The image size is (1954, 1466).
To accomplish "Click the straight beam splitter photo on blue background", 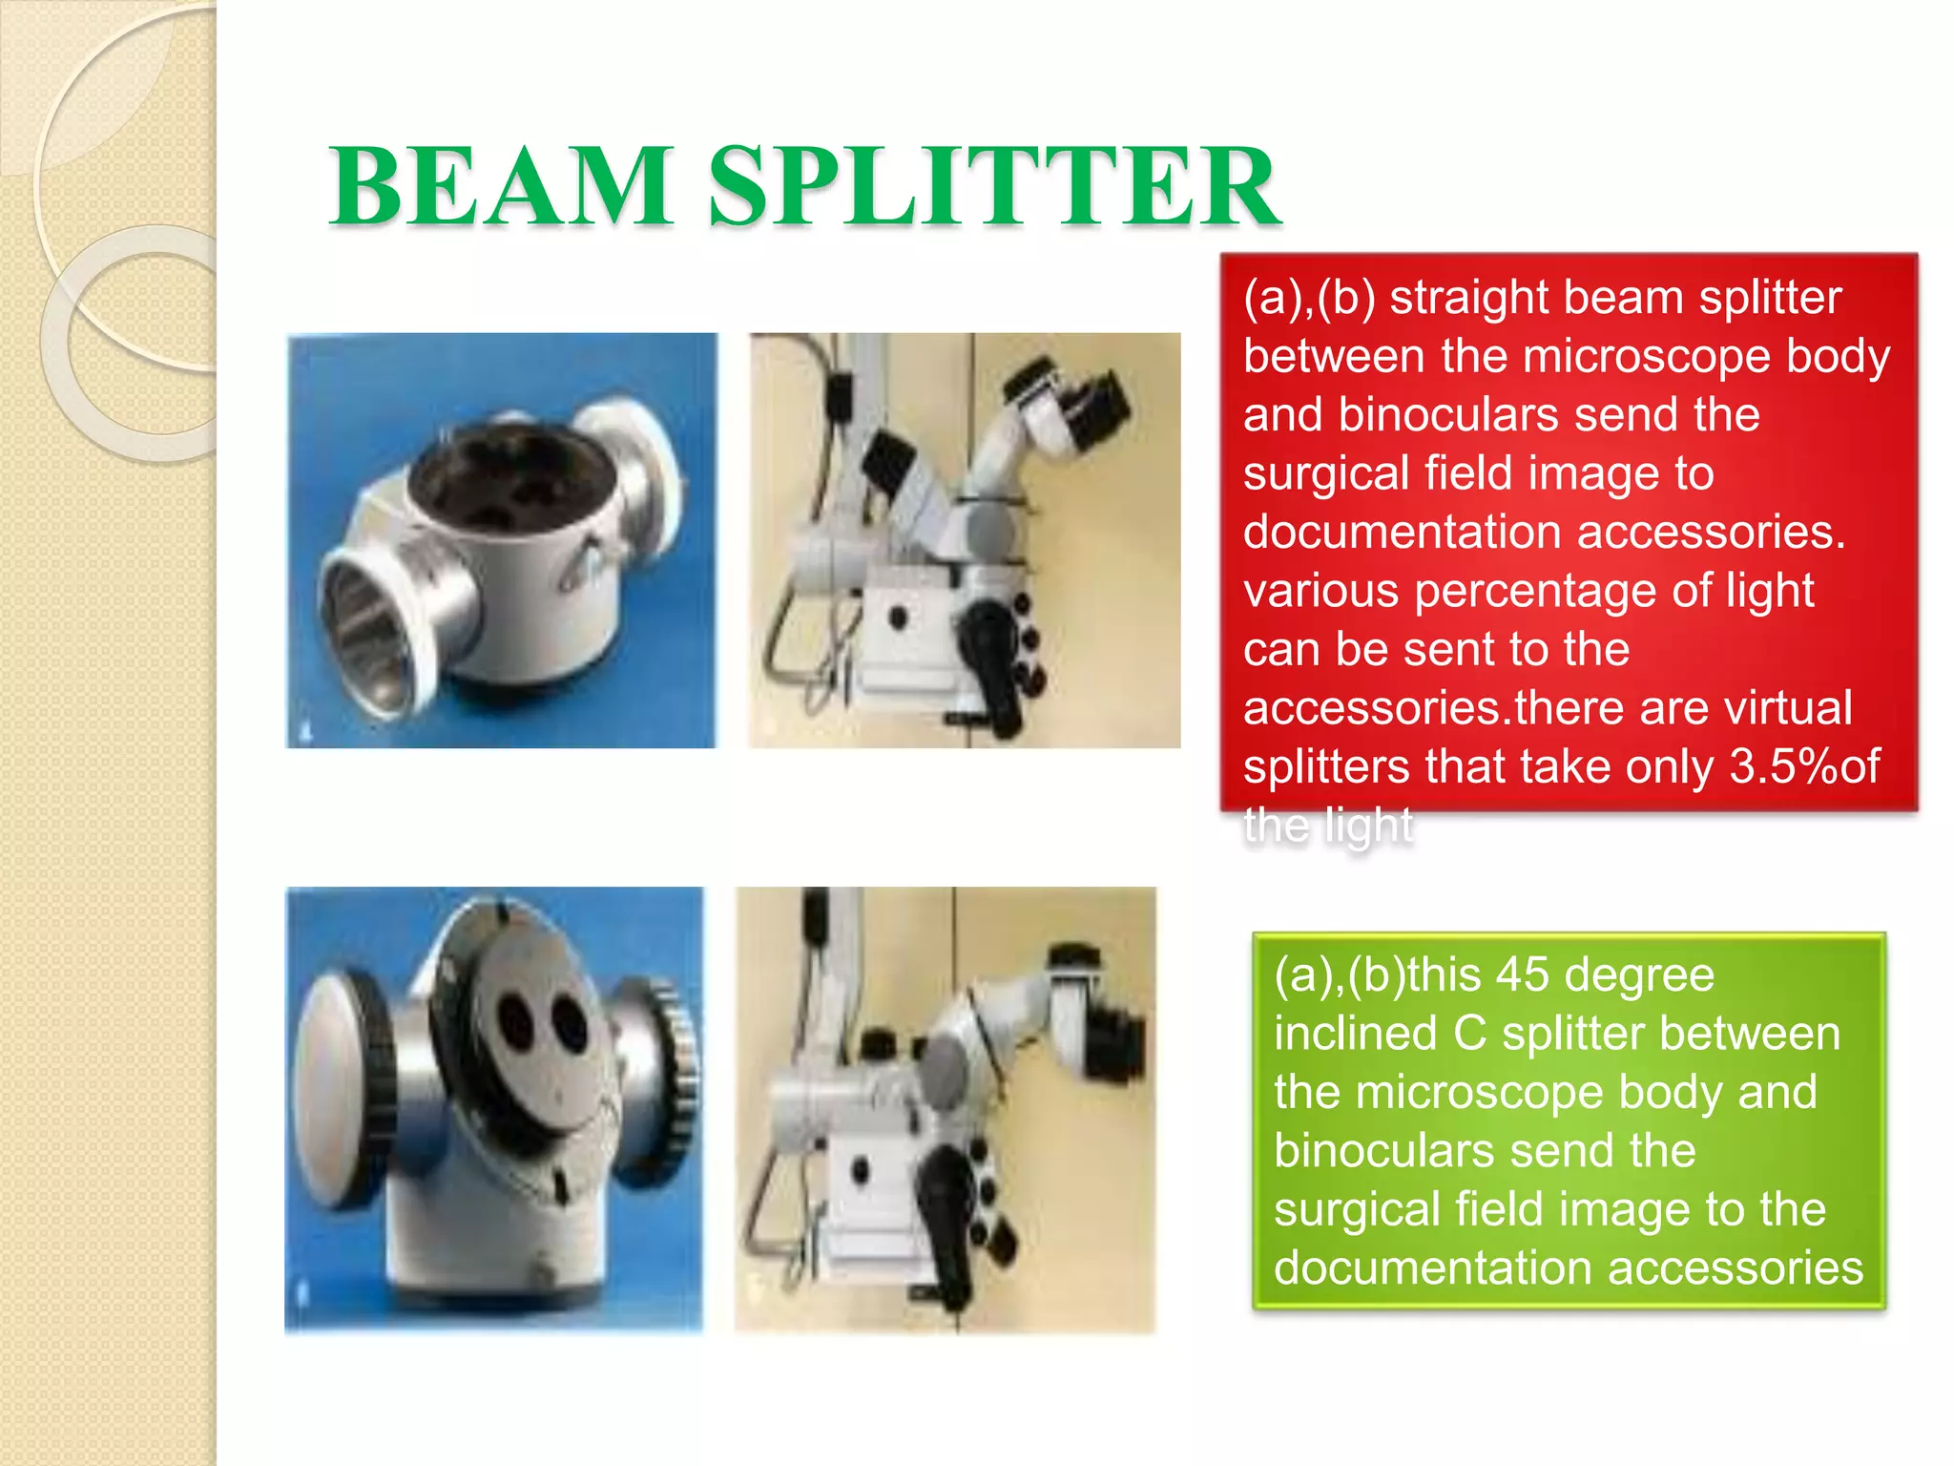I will point(502,540).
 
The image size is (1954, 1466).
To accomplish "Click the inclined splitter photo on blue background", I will point(494,1109).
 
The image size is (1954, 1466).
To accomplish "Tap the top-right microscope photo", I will point(965,540).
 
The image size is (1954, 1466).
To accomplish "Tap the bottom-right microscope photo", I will point(946,1109).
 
